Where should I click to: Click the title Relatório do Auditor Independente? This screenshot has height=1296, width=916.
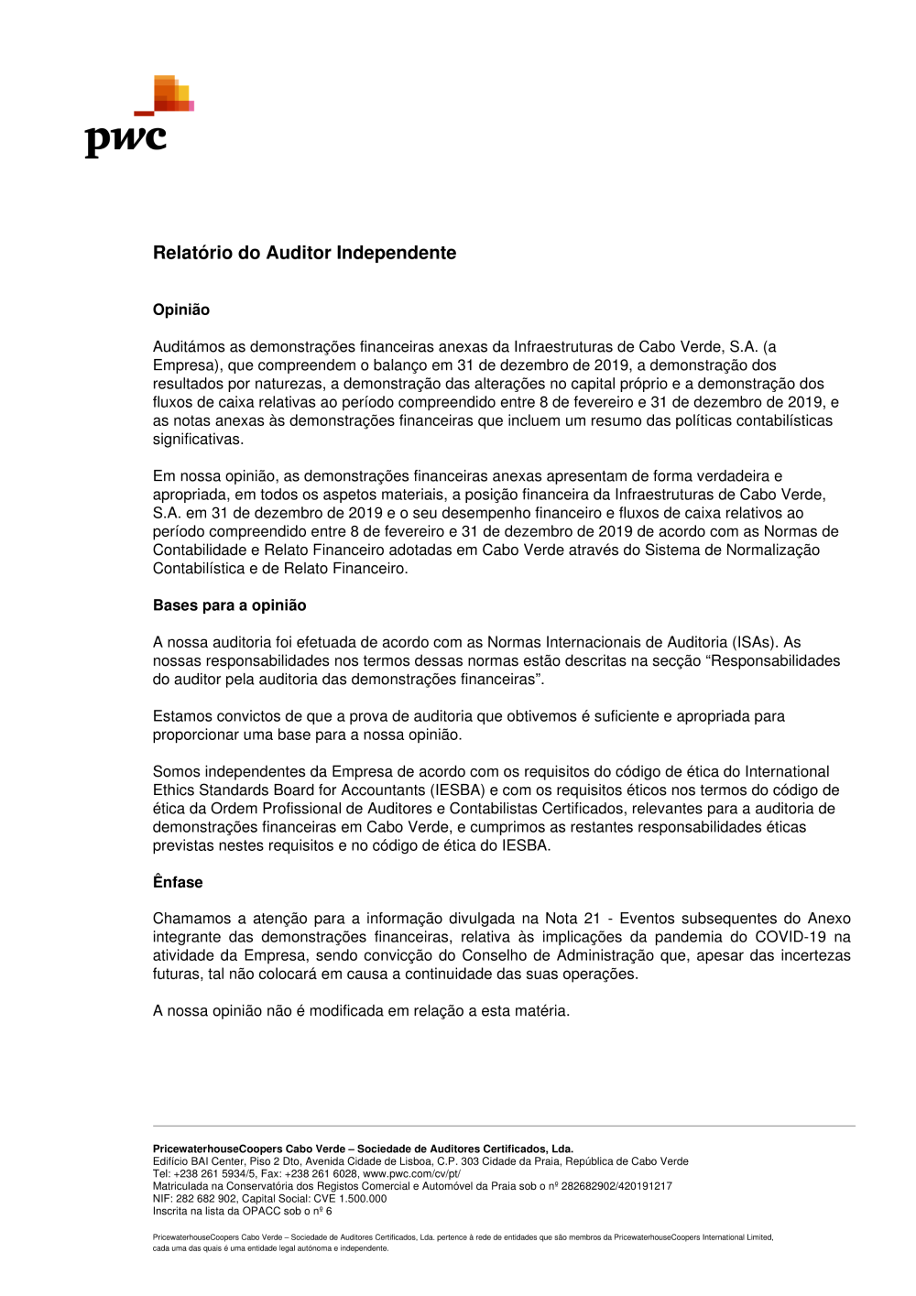point(304,253)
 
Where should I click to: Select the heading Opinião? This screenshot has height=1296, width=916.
point(181,310)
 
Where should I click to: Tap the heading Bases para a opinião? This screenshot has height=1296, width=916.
point(229,605)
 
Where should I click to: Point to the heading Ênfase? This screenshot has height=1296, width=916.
point(178,882)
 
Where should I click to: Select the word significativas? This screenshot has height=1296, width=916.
point(198,440)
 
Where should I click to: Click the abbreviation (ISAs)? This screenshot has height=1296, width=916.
point(753,642)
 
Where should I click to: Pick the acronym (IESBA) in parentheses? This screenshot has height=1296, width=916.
point(457,790)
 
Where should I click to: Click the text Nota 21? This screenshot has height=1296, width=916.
point(572,919)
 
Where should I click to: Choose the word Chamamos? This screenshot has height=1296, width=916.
point(191,919)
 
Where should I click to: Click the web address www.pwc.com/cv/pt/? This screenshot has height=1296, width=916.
point(411,1173)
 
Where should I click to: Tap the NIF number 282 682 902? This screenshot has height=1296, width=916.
point(206,1198)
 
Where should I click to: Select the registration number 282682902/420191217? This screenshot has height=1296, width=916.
point(616,1186)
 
